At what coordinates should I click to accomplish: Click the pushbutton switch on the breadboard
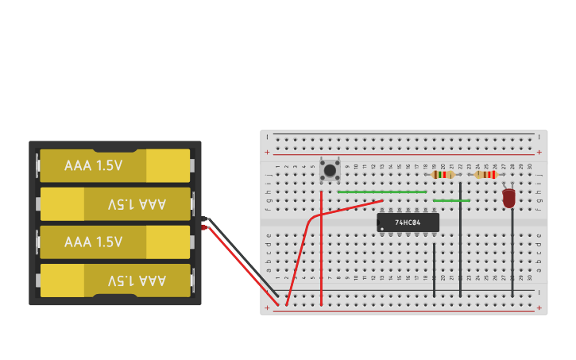[x=330, y=169]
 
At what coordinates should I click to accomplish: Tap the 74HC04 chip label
[x=408, y=223]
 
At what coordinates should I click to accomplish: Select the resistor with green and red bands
[x=443, y=175]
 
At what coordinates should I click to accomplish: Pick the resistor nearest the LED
[x=485, y=175]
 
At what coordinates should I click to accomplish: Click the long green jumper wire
[x=381, y=192]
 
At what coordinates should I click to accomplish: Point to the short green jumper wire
[x=450, y=200]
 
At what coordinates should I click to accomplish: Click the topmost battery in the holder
[x=115, y=165]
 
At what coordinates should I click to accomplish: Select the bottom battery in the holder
[x=115, y=281]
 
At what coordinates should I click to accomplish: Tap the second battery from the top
[x=115, y=204]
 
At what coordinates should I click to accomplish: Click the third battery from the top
[x=115, y=242]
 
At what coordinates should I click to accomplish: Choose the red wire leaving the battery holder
[x=238, y=266]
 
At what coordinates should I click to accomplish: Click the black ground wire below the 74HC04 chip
[x=434, y=270]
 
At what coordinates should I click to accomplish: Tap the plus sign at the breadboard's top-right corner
[x=539, y=152]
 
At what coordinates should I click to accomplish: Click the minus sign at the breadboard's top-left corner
[x=268, y=137]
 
